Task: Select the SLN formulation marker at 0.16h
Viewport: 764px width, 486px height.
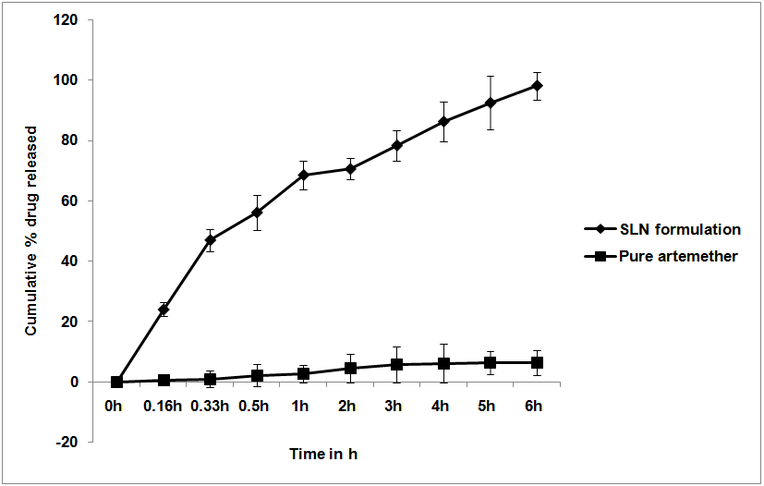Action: point(164,310)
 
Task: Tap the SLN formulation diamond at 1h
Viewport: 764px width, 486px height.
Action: point(304,175)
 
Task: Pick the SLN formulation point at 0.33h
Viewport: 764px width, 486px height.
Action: point(211,240)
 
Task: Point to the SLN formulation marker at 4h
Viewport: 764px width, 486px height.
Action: point(444,122)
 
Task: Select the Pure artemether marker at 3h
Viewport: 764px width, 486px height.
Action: point(397,364)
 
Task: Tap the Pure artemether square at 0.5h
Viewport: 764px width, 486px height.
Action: point(258,376)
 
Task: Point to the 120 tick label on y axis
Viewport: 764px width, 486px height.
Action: point(79,20)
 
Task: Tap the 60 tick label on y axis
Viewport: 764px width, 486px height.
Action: point(83,201)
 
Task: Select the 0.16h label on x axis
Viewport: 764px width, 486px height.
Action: point(164,405)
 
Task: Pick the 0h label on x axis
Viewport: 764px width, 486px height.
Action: point(116,405)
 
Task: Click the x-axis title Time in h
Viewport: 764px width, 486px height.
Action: point(323,455)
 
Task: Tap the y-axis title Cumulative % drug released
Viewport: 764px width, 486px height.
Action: point(31,231)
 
